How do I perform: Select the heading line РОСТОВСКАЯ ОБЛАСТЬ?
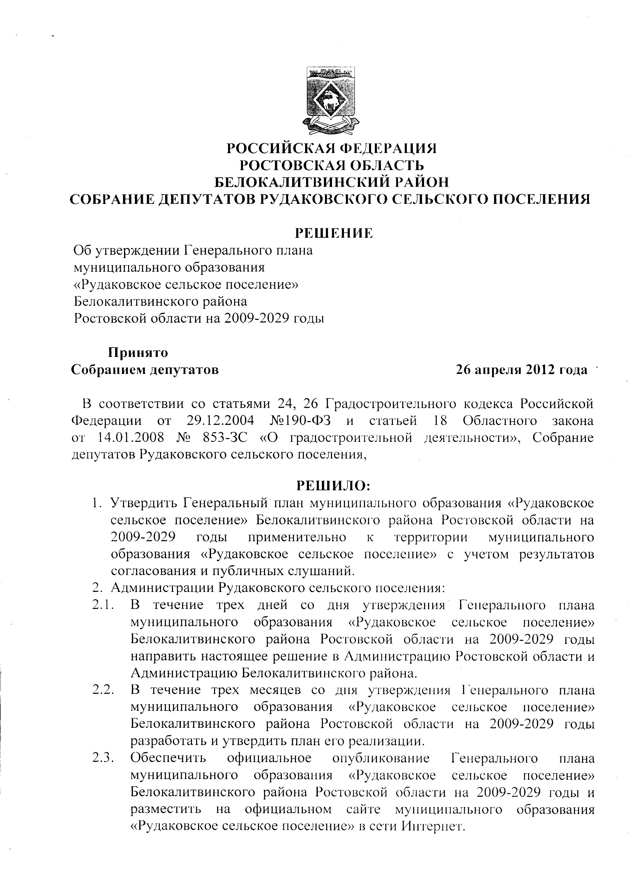[x=331, y=166]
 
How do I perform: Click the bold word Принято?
[x=138, y=353]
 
